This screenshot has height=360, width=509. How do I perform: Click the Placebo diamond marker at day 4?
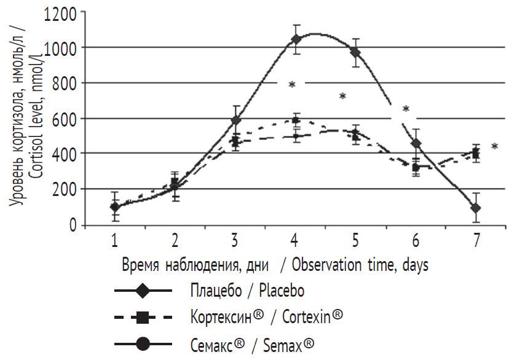tap(296, 39)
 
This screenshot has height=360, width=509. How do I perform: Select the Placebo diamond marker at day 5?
tap(355, 53)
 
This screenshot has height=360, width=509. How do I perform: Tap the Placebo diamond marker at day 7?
tap(475, 208)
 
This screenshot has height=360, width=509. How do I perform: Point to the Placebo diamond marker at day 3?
tap(236, 120)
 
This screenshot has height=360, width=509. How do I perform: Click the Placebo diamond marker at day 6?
tap(416, 144)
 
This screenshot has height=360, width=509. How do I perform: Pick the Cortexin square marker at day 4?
tap(296, 120)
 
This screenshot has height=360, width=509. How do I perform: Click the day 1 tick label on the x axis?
tap(114, 239)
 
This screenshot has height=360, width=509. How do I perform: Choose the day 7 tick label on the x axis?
tap(475, 239)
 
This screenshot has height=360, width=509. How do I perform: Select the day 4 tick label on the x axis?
tap(295, 239)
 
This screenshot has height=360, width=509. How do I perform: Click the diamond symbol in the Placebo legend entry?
tap(143, 289)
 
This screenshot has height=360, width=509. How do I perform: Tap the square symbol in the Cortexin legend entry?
tap(143, 317)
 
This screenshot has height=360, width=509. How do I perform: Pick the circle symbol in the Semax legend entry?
tap(143, 344)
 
